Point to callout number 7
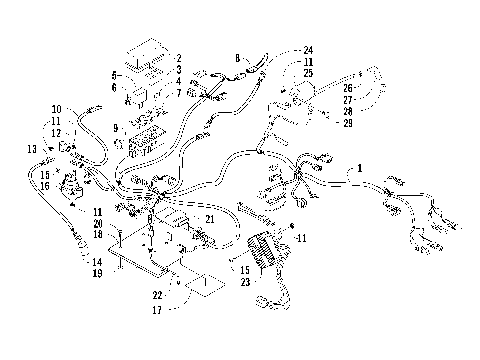[x=177, y=93]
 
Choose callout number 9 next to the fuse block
[x=118, y=127]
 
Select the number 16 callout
[x=46, y=186]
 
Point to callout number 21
[x=209, y=219]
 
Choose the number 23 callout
[x=243, y=283]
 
